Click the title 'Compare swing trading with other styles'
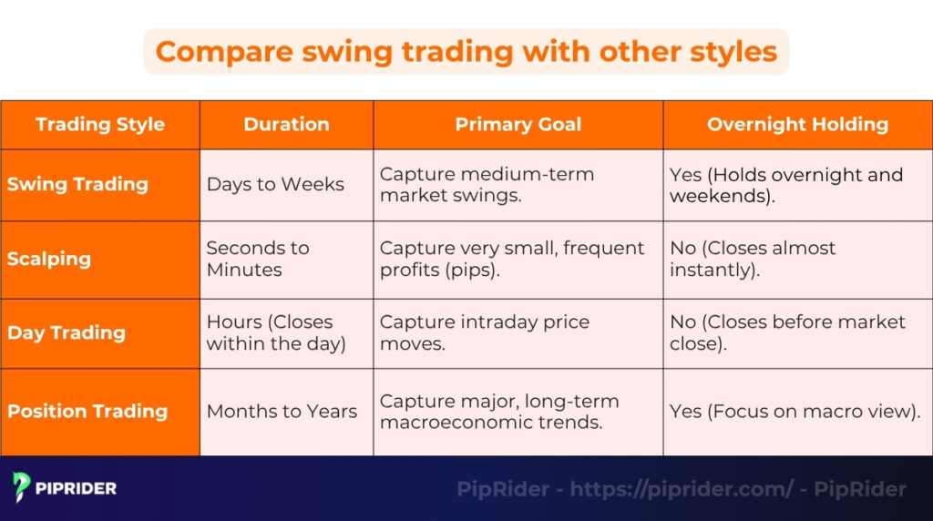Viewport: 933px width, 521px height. pyautogui.click(x=466, y=51)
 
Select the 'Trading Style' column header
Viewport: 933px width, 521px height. pyautogui.click(x=100, y=125)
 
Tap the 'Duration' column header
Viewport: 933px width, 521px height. pyautogui.click(x=286, y=125)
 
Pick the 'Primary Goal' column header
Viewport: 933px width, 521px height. pyautogui.click(x=518, y=125)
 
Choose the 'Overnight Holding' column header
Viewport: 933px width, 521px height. pyautogui.click(x=797, y=125)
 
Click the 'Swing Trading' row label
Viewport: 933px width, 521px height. pyautogui.click(x=77, y=184)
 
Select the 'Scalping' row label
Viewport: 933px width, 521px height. pyautogui.click(x=49, y=259)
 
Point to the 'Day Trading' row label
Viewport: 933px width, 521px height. pyautogui.click(x=67, y=332)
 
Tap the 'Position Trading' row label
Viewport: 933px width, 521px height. pyautogui.click(x=87, y=411)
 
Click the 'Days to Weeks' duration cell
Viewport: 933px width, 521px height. pyautogui.click(x=275, y=185)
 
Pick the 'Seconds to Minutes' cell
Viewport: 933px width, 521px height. pyautogui.click(x=258, y=259)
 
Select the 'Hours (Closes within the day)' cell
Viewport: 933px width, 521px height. pyautogui.click(x=276, y=333)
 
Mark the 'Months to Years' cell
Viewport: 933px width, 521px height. pyautogui.click(x=282, y=412)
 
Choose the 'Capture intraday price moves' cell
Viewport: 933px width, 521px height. pyautogui.click(x=485, y=333)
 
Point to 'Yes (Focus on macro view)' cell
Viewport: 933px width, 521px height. pyautogui.click(x=795, y=412)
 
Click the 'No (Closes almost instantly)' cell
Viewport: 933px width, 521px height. pyautogui.click(x=753, y=259)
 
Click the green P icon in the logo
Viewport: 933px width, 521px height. pyautogui.click(x=22, y=488)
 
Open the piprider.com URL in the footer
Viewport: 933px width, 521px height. pyautogui.click(x=682, y=489)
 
